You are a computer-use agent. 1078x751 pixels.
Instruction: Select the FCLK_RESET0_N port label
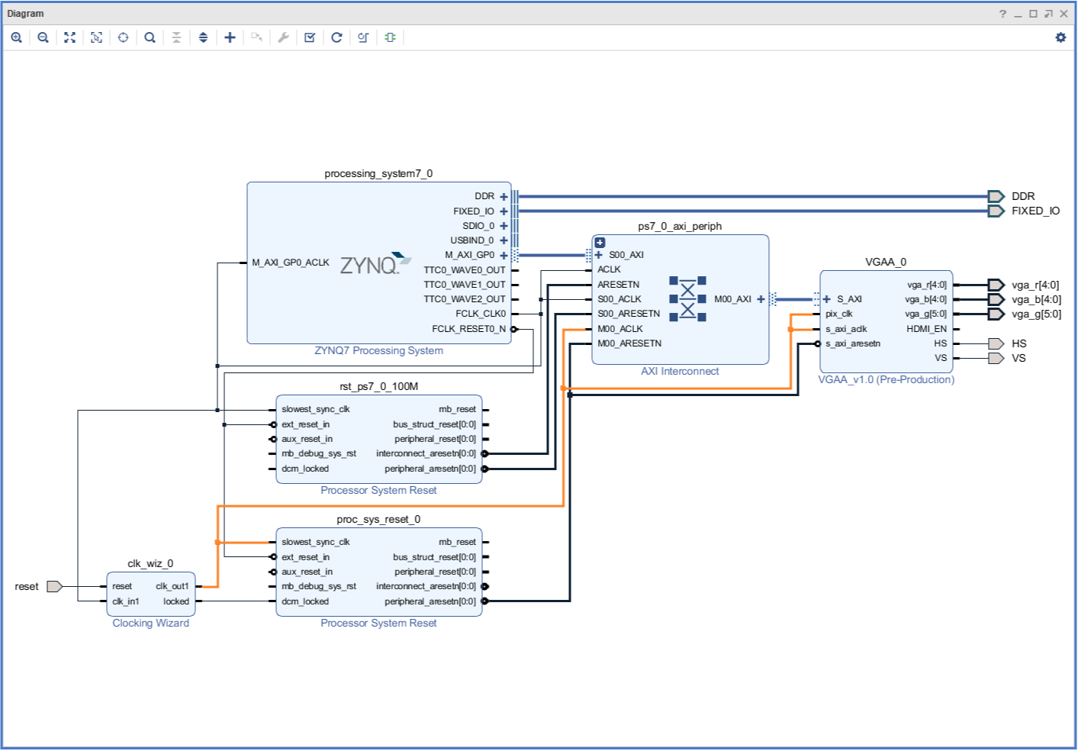[468, 329]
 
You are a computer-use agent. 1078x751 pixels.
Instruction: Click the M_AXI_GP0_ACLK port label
[291, 263]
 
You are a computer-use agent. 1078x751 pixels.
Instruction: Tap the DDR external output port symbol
[996, 196]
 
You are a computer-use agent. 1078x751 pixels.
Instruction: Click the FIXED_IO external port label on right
[1035, 211]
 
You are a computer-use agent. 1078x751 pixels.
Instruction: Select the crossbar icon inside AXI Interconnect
[687, 299]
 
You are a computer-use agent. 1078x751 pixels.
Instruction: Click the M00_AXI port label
[732, 299]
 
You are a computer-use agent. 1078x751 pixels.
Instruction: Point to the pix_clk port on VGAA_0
[839, 314]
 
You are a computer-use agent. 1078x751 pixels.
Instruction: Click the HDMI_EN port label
[926, 329]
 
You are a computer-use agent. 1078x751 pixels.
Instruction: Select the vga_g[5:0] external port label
[1036, 314]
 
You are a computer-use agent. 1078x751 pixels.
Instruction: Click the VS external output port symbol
[996, 358]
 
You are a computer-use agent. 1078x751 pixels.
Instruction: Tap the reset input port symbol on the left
[54, 586]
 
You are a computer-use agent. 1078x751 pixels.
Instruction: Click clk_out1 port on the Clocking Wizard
[172, 586]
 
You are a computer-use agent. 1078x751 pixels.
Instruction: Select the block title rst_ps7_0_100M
[378, 386]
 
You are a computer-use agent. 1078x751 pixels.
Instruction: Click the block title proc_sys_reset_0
[378, 519]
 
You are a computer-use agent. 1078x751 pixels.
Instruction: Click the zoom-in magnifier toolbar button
[16, 37]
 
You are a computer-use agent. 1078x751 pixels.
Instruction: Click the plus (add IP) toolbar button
[230, 37]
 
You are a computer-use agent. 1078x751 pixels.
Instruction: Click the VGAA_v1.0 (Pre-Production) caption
[886, 379]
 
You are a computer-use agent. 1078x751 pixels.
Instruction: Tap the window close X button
[1064, 14]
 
